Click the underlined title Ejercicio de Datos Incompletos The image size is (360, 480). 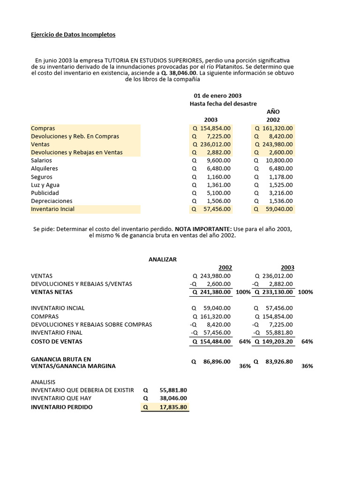click(x=73, y=35)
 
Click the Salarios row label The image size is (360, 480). click(x=41, y=160)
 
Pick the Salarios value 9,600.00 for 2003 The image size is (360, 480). click(x=218, y=160)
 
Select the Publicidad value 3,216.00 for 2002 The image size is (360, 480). click(x=280, y=193)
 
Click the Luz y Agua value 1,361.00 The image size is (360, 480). click(x=218, y=185)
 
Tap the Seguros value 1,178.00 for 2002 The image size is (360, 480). click(x=280, y=177)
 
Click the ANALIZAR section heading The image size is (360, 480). click(x=163, y=259)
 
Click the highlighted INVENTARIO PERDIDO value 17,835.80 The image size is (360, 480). click(x=173, y=407)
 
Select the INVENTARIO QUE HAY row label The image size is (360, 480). click(x=61, y=398)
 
